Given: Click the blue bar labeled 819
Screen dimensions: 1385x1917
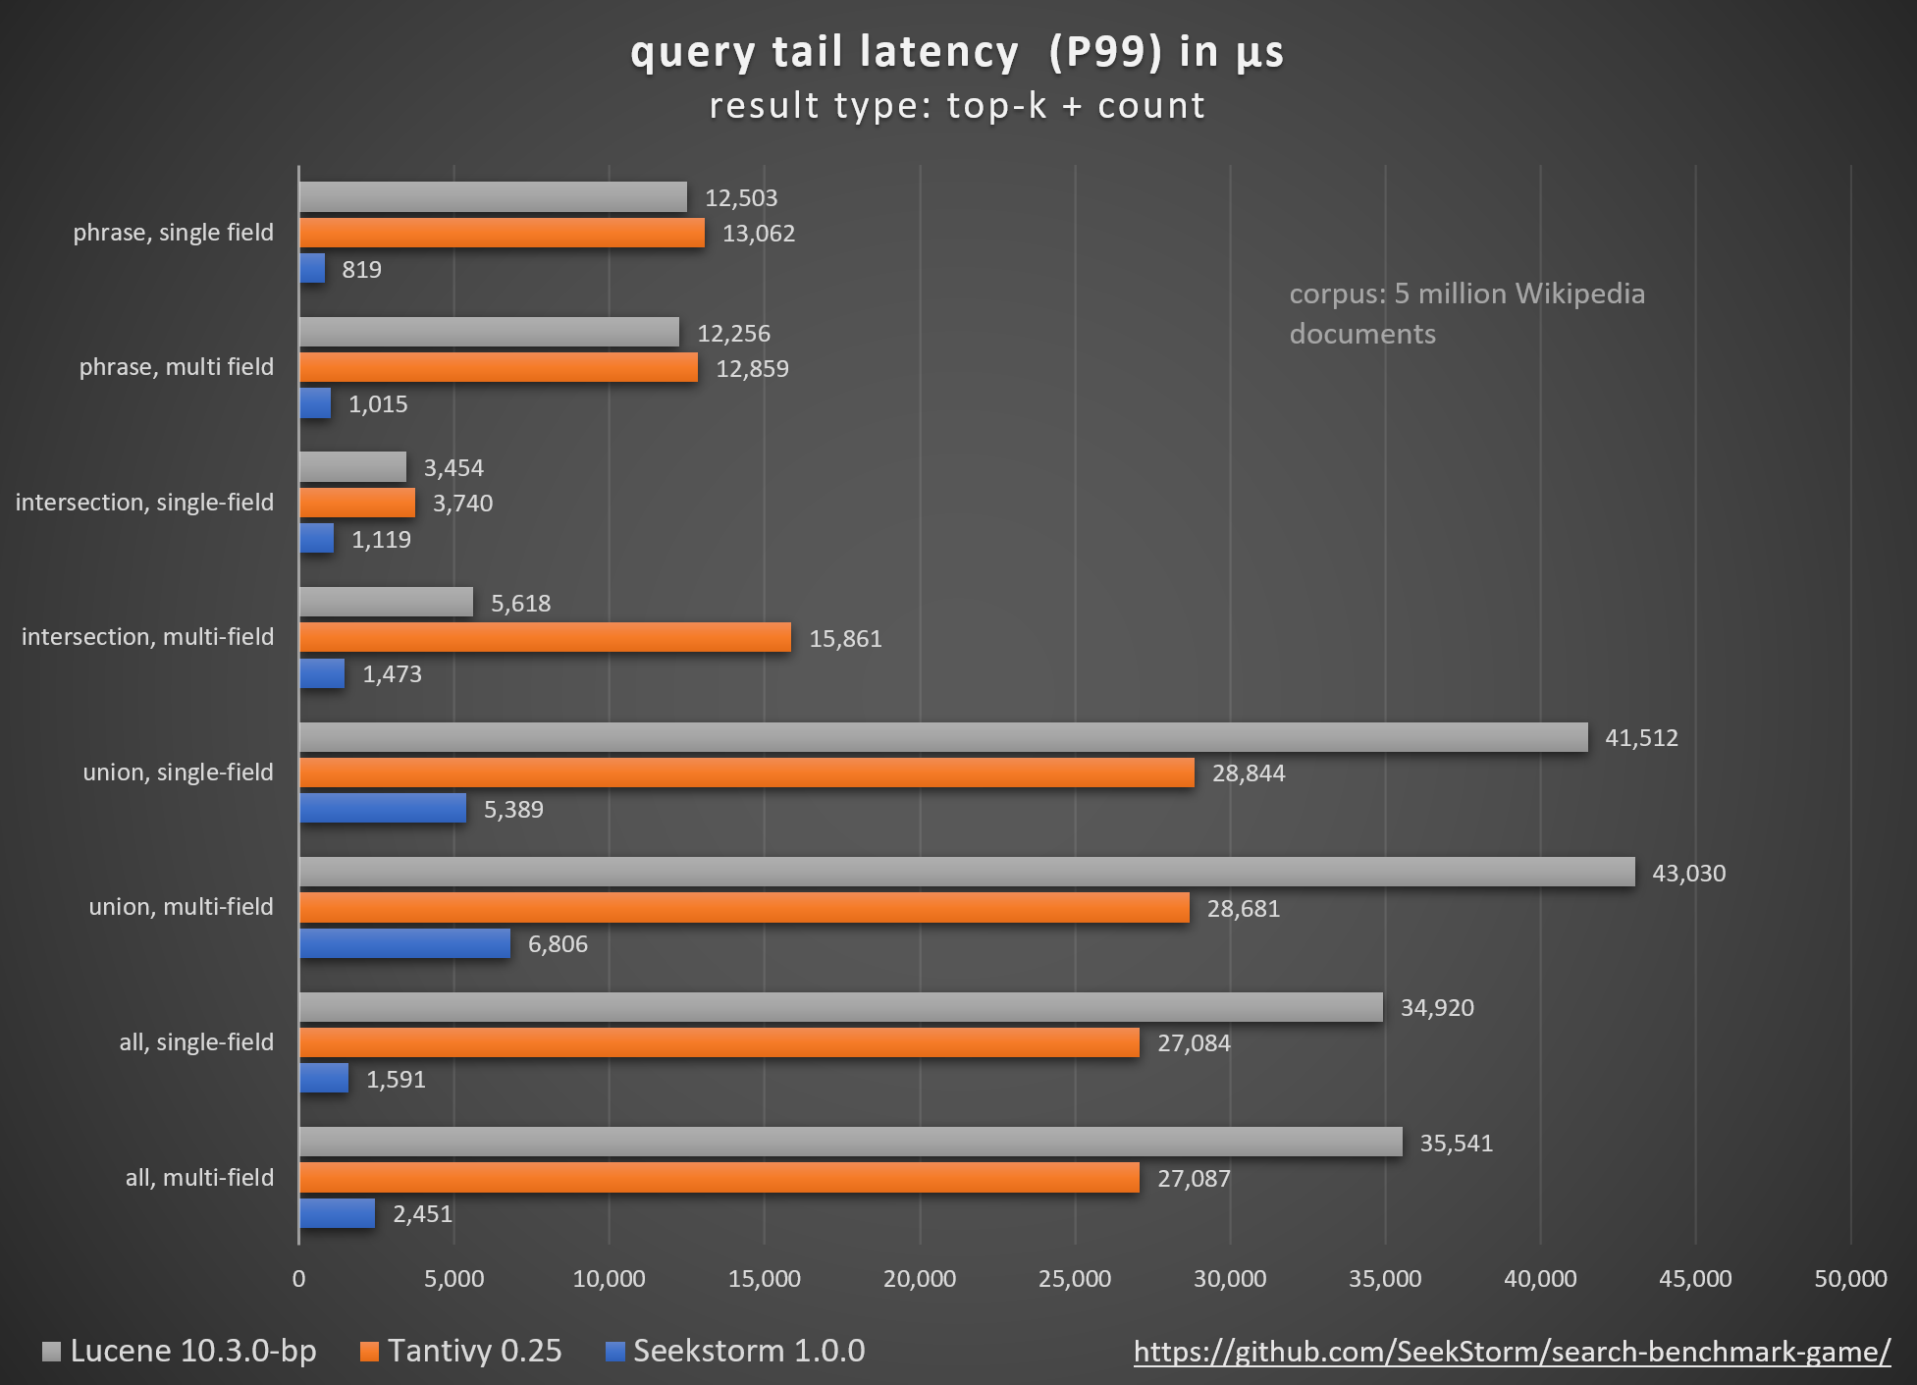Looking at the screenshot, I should (312, 269).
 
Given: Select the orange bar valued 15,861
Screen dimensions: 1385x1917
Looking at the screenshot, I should (545, 638).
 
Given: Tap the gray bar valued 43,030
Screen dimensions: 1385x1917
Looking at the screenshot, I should (967, 873).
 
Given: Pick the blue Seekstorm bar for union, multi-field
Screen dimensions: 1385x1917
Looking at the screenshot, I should (404, 944).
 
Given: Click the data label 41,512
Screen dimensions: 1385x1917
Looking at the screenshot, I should (1641, 738).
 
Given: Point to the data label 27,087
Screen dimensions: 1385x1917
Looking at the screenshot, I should (1194, 1179).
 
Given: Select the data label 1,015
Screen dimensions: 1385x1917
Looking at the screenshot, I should (378, 404).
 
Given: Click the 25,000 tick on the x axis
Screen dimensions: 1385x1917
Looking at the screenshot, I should (1075, 1279).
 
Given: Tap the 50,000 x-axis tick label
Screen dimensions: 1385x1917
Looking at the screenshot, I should (1850, 1279).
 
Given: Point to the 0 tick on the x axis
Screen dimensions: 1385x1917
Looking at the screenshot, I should (298, 1279).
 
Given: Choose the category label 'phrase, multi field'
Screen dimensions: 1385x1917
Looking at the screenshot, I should (176, 367).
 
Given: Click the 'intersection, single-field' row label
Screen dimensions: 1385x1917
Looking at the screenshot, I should (144, 503).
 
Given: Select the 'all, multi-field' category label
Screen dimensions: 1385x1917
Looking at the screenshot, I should (199, 1178).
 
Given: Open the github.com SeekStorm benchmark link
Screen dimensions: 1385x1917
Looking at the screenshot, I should (1512, 1353).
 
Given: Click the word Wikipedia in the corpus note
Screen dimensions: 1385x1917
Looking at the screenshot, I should (1579, 293).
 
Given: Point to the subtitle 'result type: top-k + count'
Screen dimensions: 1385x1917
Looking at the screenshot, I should (957, 106).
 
